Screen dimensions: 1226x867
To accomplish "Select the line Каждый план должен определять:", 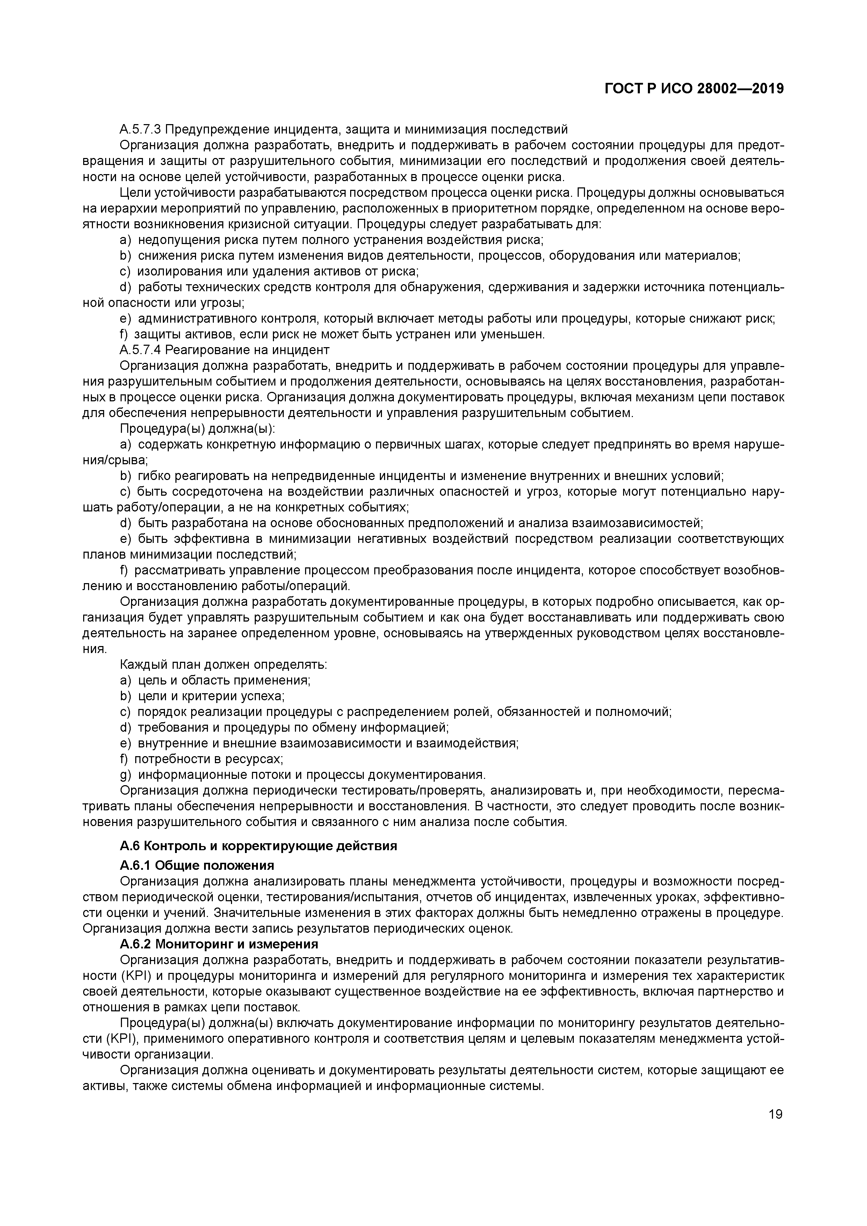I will (x=223, y=665).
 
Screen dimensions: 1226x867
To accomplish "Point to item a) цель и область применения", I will (x=215, y=680).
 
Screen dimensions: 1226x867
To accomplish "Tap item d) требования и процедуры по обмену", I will (x=284, y=727).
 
